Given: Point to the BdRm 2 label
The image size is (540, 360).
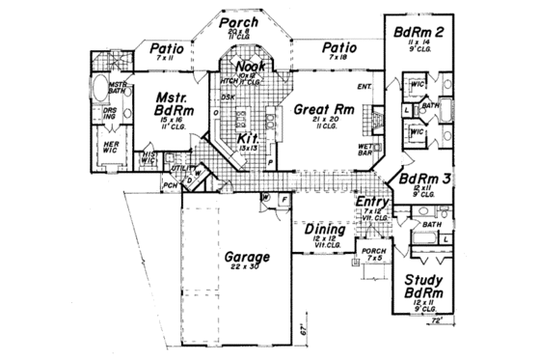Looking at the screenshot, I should pyautogui.click(x=418, y=34).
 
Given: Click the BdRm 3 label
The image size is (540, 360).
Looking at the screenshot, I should pyautogui.click(x=421, y=179).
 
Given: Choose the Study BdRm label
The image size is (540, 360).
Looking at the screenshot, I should pyautogui.click(x=424, y=287).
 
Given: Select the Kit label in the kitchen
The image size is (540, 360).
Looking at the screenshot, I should pyautogui.click(x=247, y=140).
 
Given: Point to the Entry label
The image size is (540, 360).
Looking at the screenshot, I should pyautogui.click(x=371, y=202).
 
